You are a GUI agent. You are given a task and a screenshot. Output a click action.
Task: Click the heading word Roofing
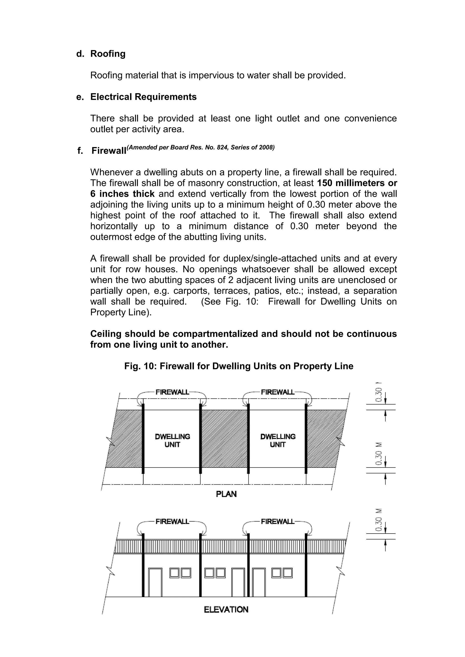pyautogui.click(x=108, y=54)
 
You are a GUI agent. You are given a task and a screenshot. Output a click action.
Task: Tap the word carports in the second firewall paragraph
pyautogui.click(x=191, y=291)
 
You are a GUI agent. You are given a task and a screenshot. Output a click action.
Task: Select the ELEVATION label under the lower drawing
pyautogui.click(x=226, y=610)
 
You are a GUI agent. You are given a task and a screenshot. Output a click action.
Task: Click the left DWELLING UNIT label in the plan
pyautogui.click(x=172, y=440)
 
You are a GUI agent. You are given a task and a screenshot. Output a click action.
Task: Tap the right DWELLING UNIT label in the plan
pyautogui.click(x=278, y=440)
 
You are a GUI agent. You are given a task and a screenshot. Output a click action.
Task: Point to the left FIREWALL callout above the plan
pyautogui.click(x=172, y=392)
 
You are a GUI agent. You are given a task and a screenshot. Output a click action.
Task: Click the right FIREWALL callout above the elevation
pyautogui.click(x=277, y=521)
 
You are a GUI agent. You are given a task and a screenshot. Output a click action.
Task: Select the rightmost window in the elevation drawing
pyautogui.click(x=287, y=573)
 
